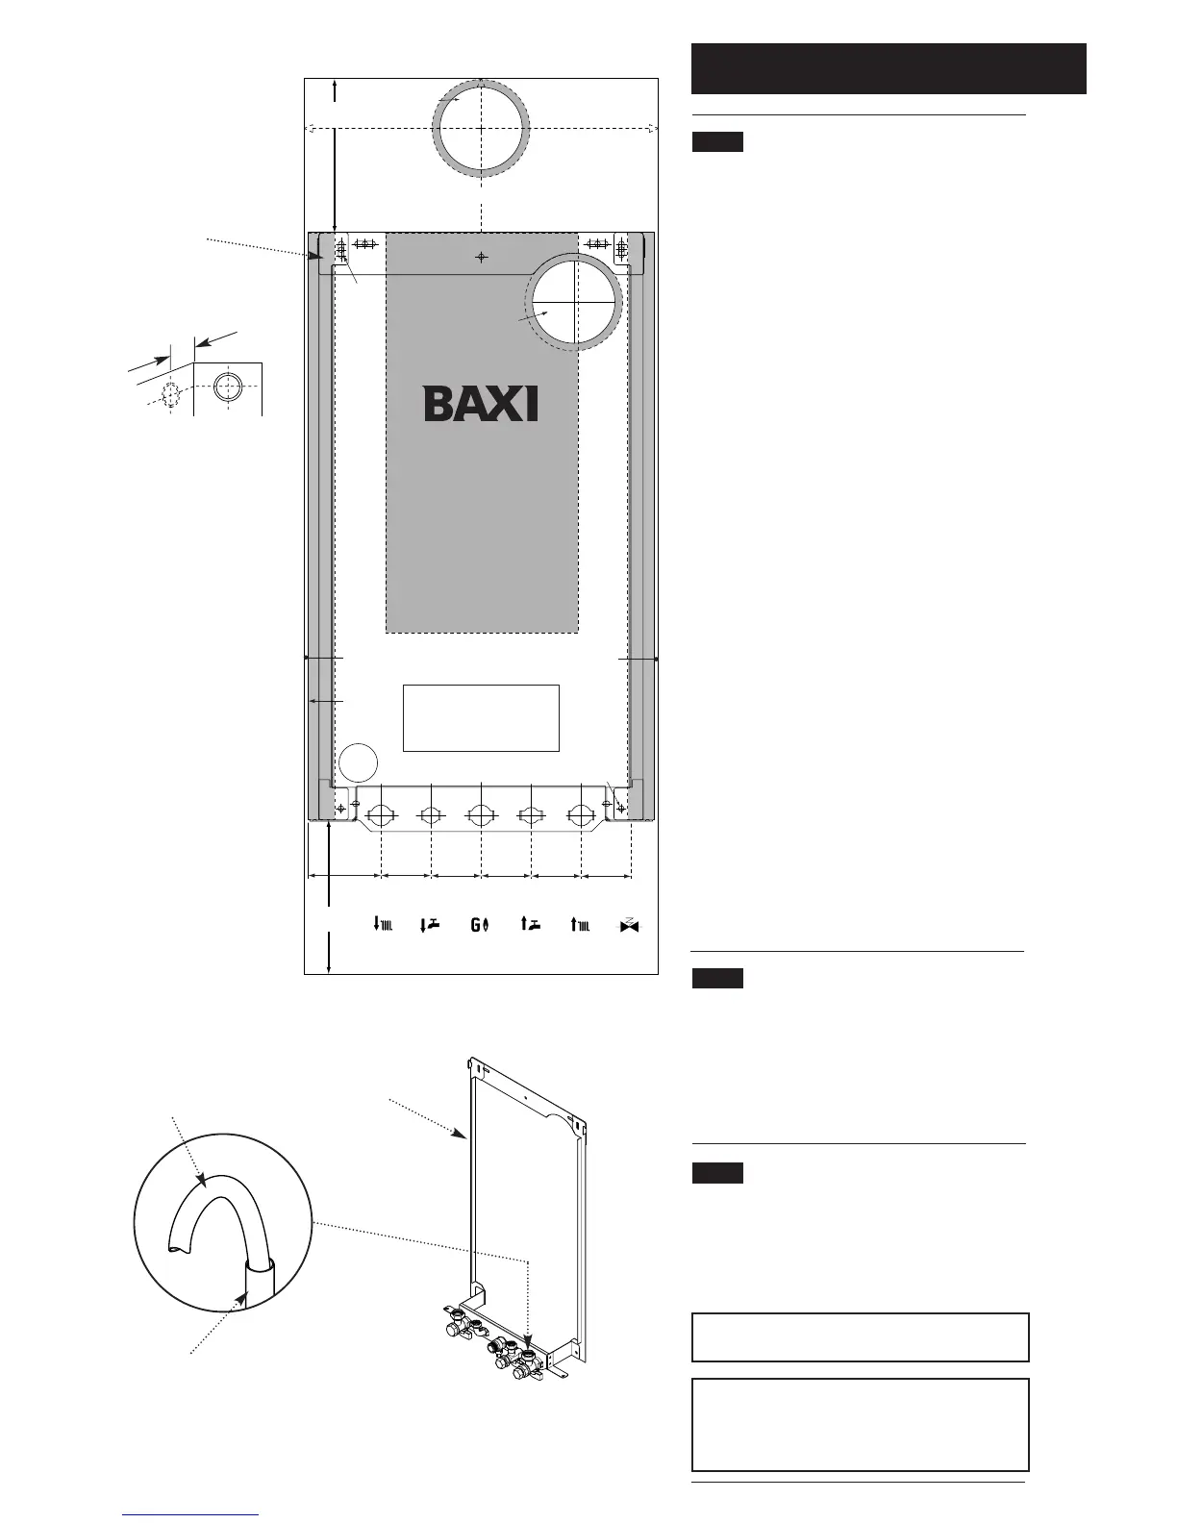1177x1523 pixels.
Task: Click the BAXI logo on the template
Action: (481, 403)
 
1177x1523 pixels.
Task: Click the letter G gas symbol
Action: (480, 925)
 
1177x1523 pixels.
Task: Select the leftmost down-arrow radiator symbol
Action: (383, 924)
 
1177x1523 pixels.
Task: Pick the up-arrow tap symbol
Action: (530, 924)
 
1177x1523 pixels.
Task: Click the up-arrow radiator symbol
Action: (580, 924)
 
